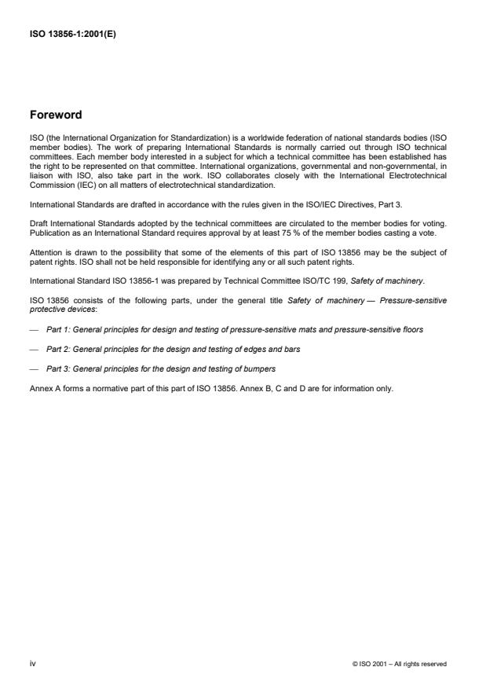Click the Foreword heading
tap(55, 115)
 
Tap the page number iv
tap(32, 663)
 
